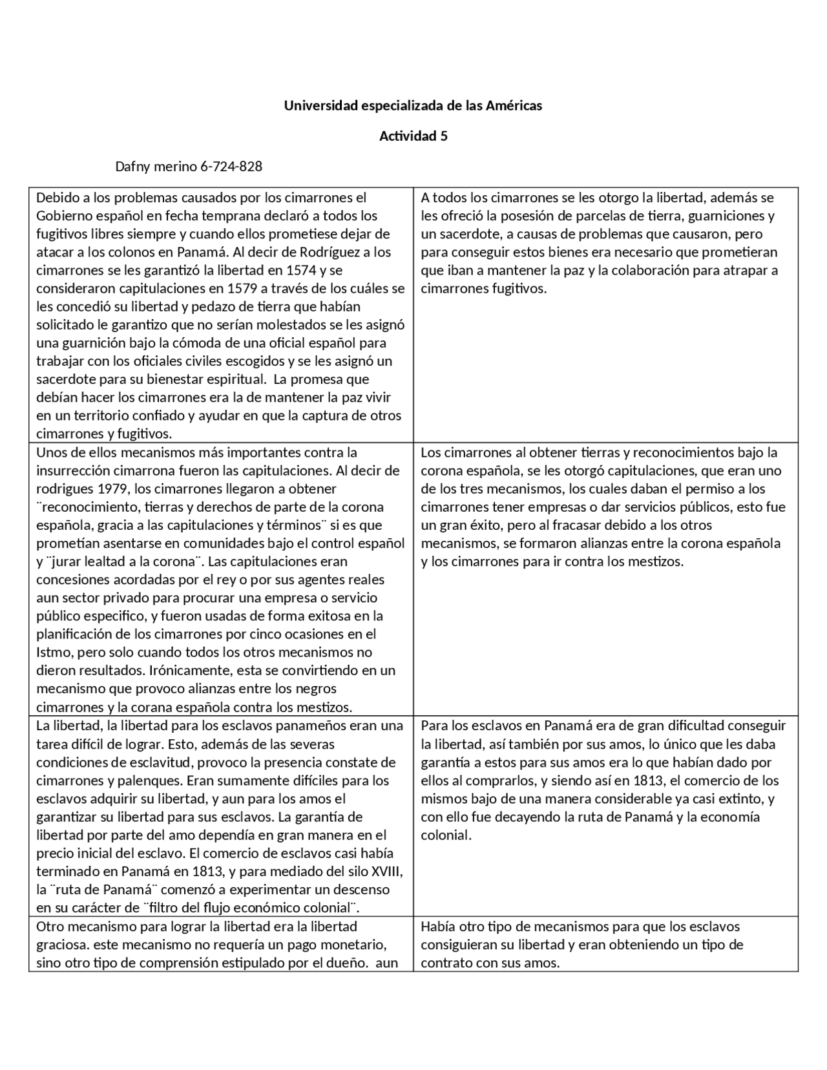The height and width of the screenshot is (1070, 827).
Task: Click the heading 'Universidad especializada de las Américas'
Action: click(x=413, y=105)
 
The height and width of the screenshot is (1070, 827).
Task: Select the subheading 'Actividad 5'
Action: click(x=413, y=136)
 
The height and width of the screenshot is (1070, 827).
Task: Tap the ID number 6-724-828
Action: click(x=231, y=167)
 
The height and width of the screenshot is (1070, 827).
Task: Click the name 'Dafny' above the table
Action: click(x=132, y=167)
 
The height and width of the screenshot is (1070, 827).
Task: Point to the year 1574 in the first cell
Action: click(x=301, y=270)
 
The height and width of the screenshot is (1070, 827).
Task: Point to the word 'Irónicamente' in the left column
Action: click(x=183, y=671)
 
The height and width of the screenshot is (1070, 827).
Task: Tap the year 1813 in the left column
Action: click(x=209, y=872)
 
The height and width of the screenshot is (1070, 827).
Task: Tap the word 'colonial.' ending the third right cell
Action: click(x=446, y=835)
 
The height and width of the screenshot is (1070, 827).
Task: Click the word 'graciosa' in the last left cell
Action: click(x=61, y=945)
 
